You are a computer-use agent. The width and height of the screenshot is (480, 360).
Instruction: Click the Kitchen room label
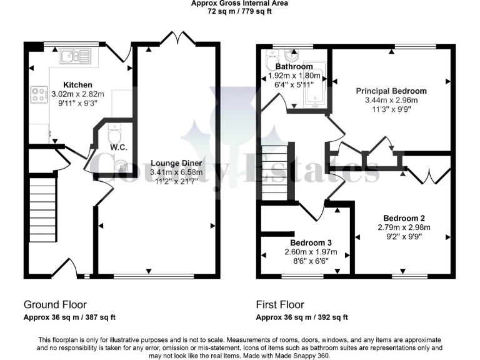coord(78,85)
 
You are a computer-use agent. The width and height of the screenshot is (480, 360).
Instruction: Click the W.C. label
coord(119,147)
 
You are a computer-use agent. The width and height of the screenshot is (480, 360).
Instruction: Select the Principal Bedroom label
coord(391,91)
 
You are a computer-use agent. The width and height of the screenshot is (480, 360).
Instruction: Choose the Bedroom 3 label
coord(311,242)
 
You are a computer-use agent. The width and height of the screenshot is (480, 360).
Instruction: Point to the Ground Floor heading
coord(55,305)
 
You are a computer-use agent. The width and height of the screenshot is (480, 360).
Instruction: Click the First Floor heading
coord(280,305)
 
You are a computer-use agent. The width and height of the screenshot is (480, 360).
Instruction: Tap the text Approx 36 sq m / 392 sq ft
coord(302,317)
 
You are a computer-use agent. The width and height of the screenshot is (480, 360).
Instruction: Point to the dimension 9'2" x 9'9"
coord(402,237)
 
